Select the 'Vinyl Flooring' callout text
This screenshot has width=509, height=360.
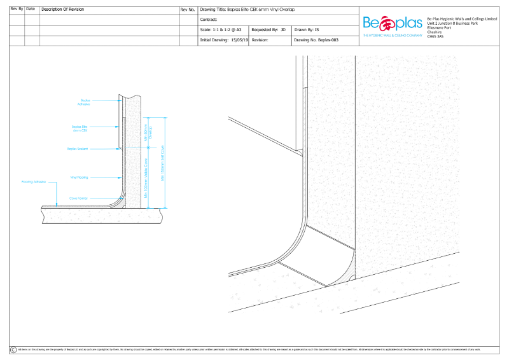point(78,177)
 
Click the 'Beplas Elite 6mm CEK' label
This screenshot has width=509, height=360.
point(80,128)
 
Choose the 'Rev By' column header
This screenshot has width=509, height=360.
point(17,10)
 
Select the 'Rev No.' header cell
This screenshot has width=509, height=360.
point(188,10)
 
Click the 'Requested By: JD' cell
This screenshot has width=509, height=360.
point(268,29)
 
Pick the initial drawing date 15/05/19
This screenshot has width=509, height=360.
point(239,39)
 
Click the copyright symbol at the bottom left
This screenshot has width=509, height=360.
point(13,350)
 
